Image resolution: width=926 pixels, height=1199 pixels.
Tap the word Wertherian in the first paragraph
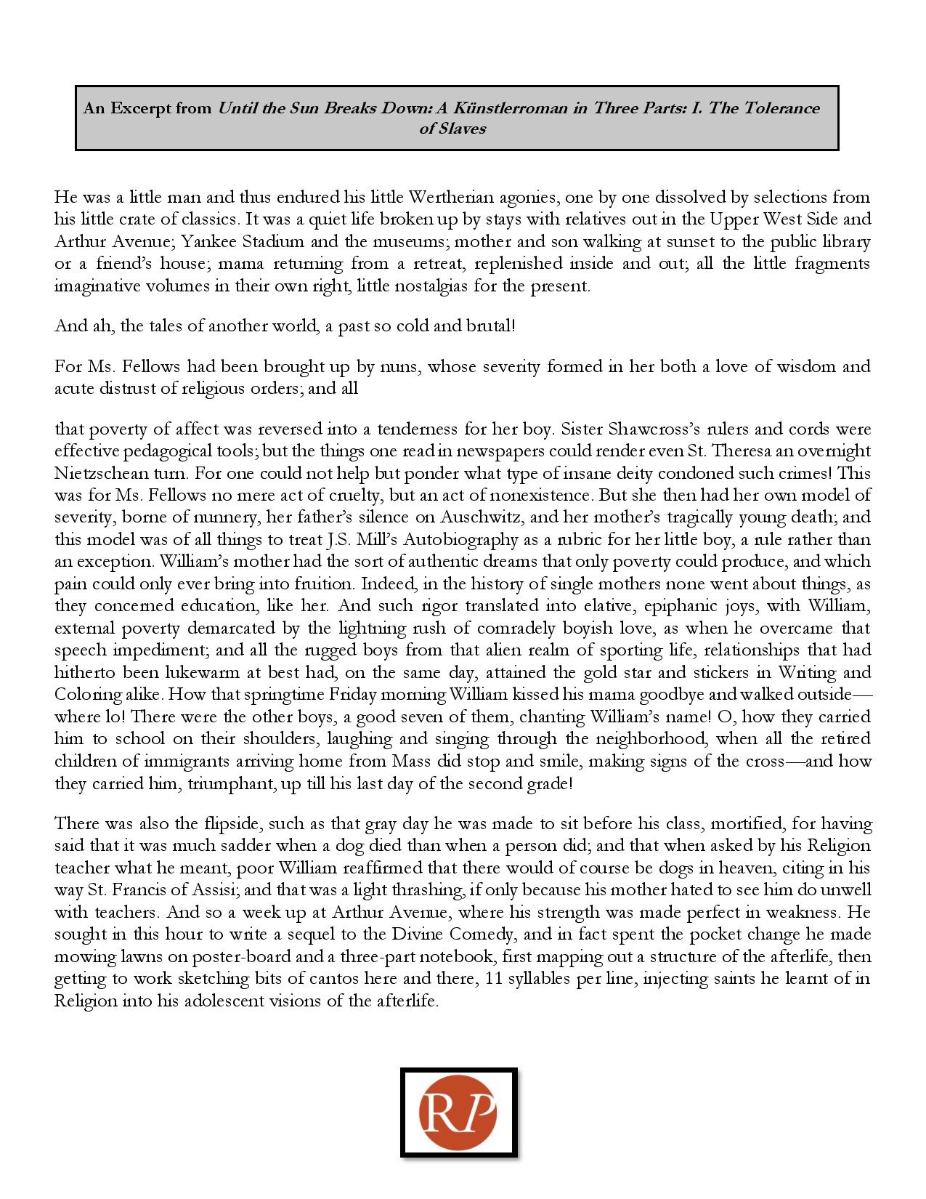pos(447,197)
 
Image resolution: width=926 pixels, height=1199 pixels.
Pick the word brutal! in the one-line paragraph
pos(490,326)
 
